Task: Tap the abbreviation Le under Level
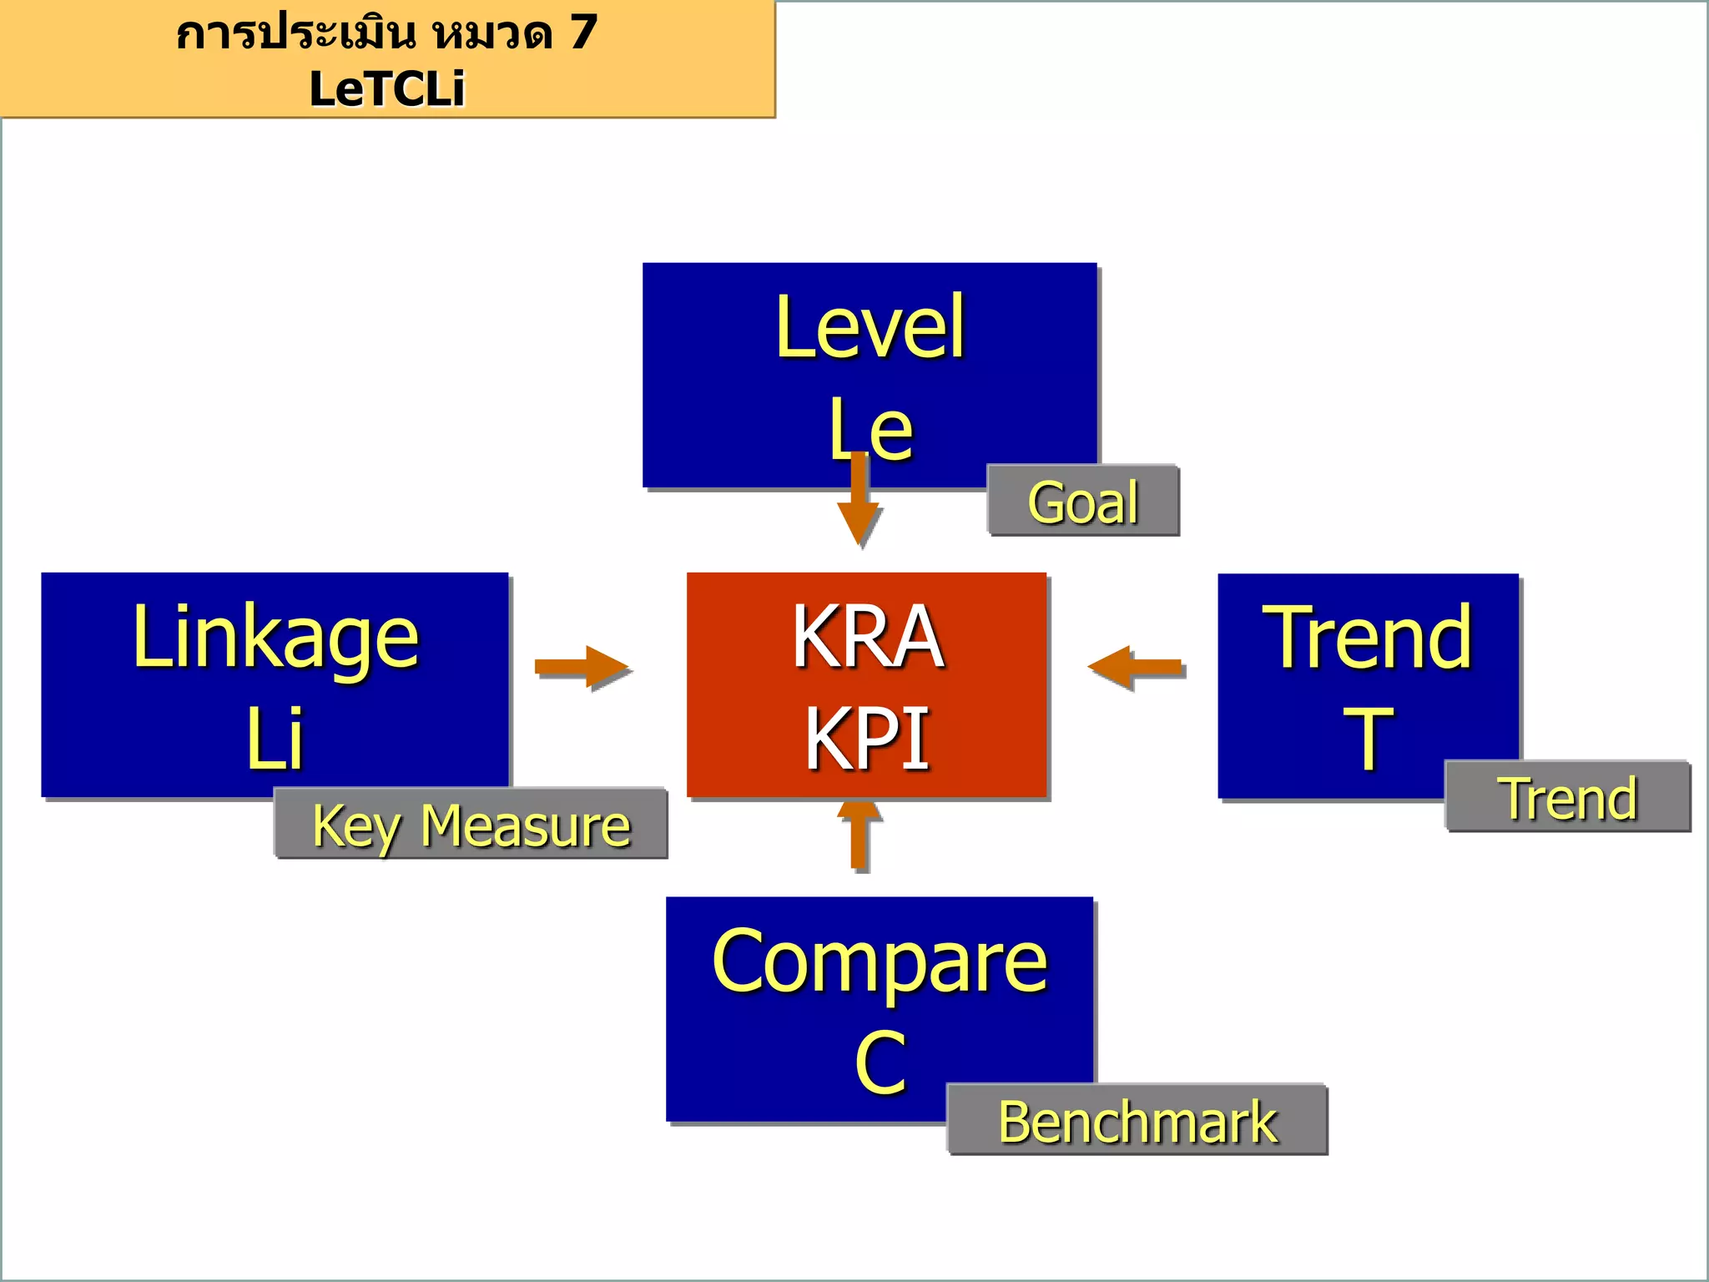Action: [870, 430]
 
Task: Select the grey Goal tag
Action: [1082, 502]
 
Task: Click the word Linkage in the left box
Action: [275, 638]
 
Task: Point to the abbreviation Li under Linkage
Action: [275, 738]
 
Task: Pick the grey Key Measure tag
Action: [471, 825]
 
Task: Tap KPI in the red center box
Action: [867, 738]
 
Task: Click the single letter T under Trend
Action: [1368, 738]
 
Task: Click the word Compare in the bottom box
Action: [880, 961]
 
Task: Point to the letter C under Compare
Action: [880, 1062]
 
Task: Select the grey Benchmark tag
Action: [1137, 1121]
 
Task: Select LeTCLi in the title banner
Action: [386, 88]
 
